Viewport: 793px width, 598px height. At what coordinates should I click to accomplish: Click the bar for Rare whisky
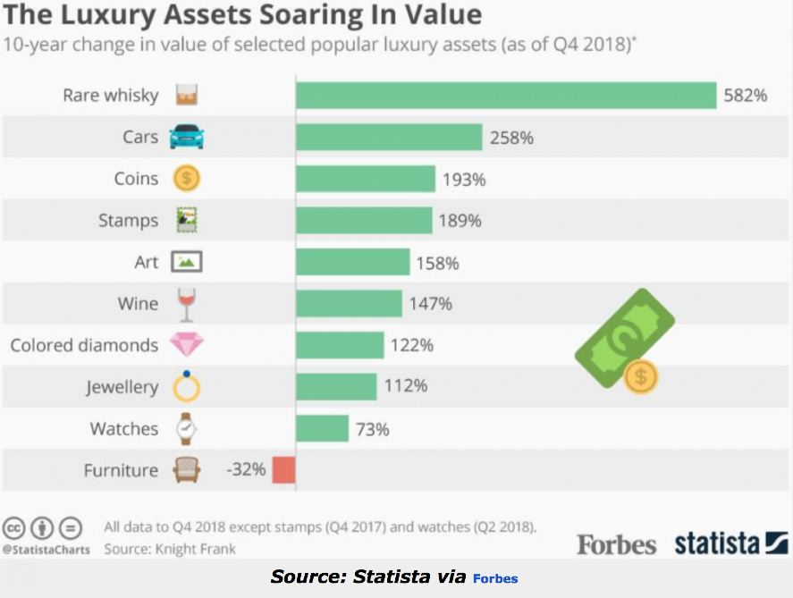(506, 95)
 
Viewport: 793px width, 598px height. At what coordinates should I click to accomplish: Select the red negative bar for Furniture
(283, 469)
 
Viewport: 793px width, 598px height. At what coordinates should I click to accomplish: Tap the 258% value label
(511, 137)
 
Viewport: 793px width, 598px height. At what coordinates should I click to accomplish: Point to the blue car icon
(186, 137)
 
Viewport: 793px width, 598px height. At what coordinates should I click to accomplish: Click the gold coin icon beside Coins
(186, 178)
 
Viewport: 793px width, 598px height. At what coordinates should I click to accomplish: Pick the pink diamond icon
(186, 345)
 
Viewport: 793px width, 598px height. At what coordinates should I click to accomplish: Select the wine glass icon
(186, 304)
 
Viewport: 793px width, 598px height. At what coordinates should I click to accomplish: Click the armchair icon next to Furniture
(186, 470)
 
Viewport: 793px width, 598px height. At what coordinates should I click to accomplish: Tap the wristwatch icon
(186, 428)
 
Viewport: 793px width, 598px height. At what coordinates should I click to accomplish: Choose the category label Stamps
(128, 220)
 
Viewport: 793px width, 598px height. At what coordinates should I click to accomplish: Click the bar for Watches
(322, 428)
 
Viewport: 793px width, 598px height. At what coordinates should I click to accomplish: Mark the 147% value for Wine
(430, 304)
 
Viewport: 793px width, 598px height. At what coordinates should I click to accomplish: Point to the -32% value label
(245, 469)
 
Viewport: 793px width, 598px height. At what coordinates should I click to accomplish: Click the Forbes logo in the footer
(616, 544)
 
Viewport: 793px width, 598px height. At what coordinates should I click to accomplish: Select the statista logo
(730, 543)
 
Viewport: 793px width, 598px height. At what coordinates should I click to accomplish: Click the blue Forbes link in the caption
(495, 578)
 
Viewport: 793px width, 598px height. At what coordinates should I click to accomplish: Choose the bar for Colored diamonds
(340, 345)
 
